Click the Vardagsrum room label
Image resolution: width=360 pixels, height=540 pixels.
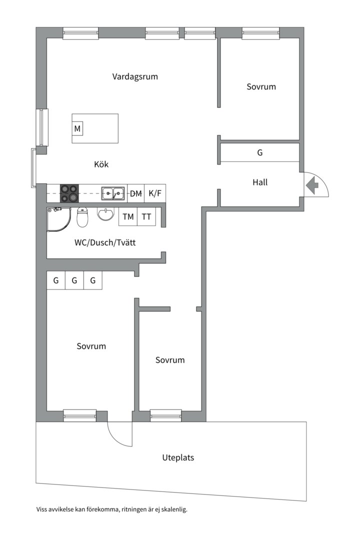[135, 76]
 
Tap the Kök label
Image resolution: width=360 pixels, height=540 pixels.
[101, 164]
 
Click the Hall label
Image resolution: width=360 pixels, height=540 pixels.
[260, 182]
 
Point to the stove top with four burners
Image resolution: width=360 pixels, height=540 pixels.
[69, 193]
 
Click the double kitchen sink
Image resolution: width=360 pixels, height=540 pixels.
[113, 193]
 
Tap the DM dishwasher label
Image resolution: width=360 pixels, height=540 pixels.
[136, 194]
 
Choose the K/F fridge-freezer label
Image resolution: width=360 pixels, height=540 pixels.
[155, 193]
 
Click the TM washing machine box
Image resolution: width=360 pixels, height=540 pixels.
[128, 216]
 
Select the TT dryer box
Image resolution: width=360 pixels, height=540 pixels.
[146, 216]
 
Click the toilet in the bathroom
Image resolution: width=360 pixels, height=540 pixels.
[82, 217]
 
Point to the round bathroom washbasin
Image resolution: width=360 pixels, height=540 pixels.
[105, 214]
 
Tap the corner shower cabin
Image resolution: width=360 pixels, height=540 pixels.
[59, 219]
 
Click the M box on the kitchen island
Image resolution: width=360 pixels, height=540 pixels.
[77, 129]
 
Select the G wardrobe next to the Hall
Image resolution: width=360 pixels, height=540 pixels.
[260, 152]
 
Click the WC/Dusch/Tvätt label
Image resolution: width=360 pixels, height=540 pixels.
[105, 243]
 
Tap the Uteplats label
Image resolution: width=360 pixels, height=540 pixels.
[178, 457]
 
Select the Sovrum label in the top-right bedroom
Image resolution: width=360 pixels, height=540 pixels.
[261, 87]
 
